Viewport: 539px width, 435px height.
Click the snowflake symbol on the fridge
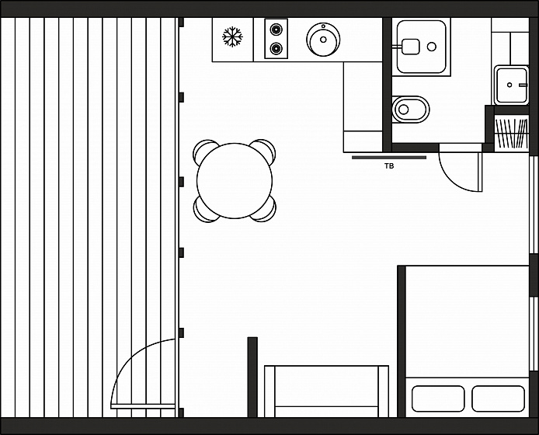(x=232, y=37)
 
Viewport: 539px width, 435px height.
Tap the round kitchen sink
(x=323, y=40)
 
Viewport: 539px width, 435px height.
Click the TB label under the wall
(x=389, y=166)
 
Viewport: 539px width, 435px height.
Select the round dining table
(x=235, y=181)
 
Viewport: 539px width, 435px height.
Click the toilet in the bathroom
(x=411, y=110)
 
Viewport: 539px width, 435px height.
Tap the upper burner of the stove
(x=276, y=29)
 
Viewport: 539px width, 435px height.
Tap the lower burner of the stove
(x=276, y=48)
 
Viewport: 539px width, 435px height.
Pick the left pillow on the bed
(x=438, y=398)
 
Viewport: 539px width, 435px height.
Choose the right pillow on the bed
(x=499, y=398)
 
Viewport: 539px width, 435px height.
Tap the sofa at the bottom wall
(x=326, y=391)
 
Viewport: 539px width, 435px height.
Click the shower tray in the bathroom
(x=421, y=47)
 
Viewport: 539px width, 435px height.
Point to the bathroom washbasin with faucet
(x=512, y=85)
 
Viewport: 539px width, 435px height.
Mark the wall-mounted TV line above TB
(x=389, y=158)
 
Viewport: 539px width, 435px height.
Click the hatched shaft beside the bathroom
(x=512, y=134)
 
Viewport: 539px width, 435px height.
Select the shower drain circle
(x=432, y=47)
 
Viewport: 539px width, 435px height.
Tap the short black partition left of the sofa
(x=252, y=378)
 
